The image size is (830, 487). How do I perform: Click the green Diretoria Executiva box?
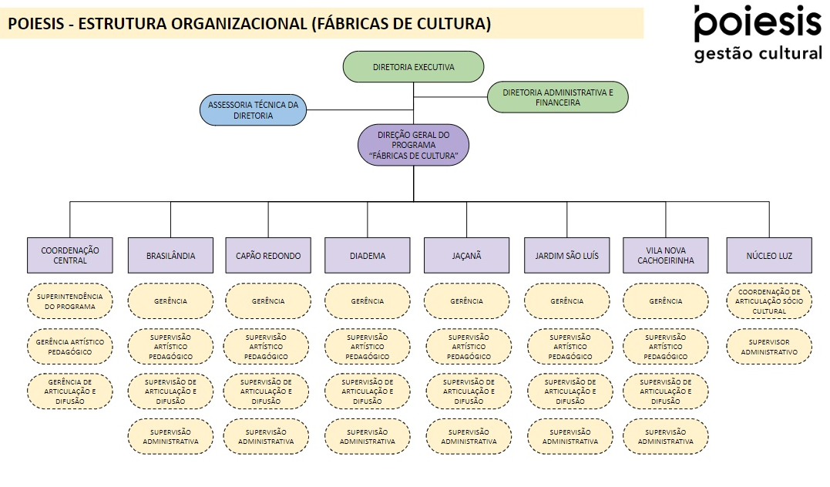[413, 67]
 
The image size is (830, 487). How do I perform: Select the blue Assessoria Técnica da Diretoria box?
[253, 110]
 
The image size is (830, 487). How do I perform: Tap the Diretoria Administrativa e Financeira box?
[557, 97]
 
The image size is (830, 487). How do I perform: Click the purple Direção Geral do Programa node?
[413, 145]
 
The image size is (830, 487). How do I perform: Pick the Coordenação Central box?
[70, 255]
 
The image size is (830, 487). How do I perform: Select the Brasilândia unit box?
[170, 255]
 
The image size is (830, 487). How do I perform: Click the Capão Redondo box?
[268, 255]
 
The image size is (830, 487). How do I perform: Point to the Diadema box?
[368, 255]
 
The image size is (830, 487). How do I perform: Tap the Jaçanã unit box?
[466, 255]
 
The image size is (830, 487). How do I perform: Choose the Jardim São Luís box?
[566, 255]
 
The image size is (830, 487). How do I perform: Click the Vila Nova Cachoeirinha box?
[665, 255]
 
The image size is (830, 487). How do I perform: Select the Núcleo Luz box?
[769, 255]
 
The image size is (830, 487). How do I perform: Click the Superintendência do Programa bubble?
[70, 301]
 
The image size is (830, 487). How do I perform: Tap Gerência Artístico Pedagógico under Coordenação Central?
[70, 347]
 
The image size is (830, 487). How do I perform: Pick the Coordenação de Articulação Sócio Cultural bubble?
[769, 301]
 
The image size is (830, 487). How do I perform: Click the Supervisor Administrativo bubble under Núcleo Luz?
[769, 347]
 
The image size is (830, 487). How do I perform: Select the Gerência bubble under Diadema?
[368, 301]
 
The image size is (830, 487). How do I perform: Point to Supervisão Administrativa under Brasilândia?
[170, 437]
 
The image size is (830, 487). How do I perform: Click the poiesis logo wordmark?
[758, 23]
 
